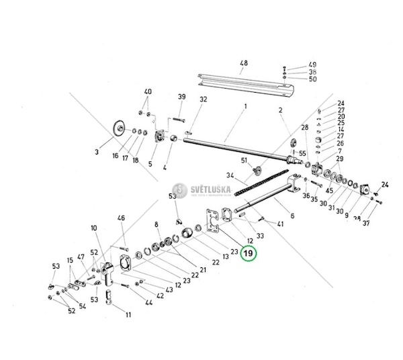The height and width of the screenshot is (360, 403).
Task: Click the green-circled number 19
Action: pos(249,253)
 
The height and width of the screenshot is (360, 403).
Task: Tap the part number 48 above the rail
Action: pos(243,65)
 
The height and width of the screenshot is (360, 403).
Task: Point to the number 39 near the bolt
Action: pos(181,98)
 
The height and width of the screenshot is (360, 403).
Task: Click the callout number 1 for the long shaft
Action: pos(246,106)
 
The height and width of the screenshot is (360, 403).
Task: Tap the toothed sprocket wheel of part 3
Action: pos(119,128)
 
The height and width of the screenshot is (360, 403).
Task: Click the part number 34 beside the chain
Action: pos(231,176)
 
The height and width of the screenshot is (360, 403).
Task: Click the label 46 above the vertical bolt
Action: pos(122,218)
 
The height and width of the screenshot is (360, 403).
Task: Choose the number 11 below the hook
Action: pos(128,314)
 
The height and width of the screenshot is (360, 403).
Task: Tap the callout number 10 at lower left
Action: pos(93,230)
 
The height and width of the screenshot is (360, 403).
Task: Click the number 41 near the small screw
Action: pos(279,223)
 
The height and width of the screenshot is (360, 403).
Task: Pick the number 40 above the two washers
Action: pos(148,91)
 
